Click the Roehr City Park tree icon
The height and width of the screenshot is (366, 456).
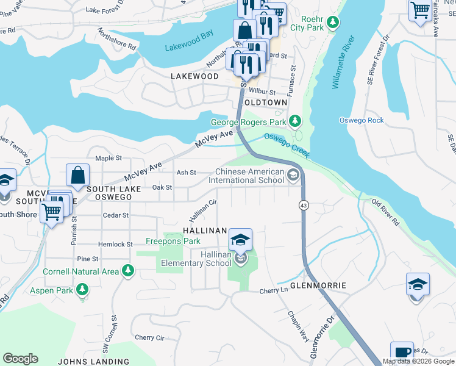[332, 23]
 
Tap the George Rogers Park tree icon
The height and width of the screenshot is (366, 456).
[295, 122]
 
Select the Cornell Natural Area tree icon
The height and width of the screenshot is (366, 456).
[127, 270]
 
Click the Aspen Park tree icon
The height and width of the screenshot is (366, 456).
[80, 289]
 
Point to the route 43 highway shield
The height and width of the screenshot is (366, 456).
[303, 206]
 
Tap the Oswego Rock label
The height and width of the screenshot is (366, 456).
[362, 120]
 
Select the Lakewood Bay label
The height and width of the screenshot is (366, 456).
[189, 48]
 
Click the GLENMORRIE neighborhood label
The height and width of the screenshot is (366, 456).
[318, 285]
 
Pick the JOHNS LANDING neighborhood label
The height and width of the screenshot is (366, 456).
[93, 361]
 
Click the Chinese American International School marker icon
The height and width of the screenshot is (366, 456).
[293, 176]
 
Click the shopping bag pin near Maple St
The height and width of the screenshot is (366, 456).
[79, 176]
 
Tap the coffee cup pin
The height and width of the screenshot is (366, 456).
[402, 353]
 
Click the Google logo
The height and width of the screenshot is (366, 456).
[20, 359]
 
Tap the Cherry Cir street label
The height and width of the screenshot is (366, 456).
[149, 337]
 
